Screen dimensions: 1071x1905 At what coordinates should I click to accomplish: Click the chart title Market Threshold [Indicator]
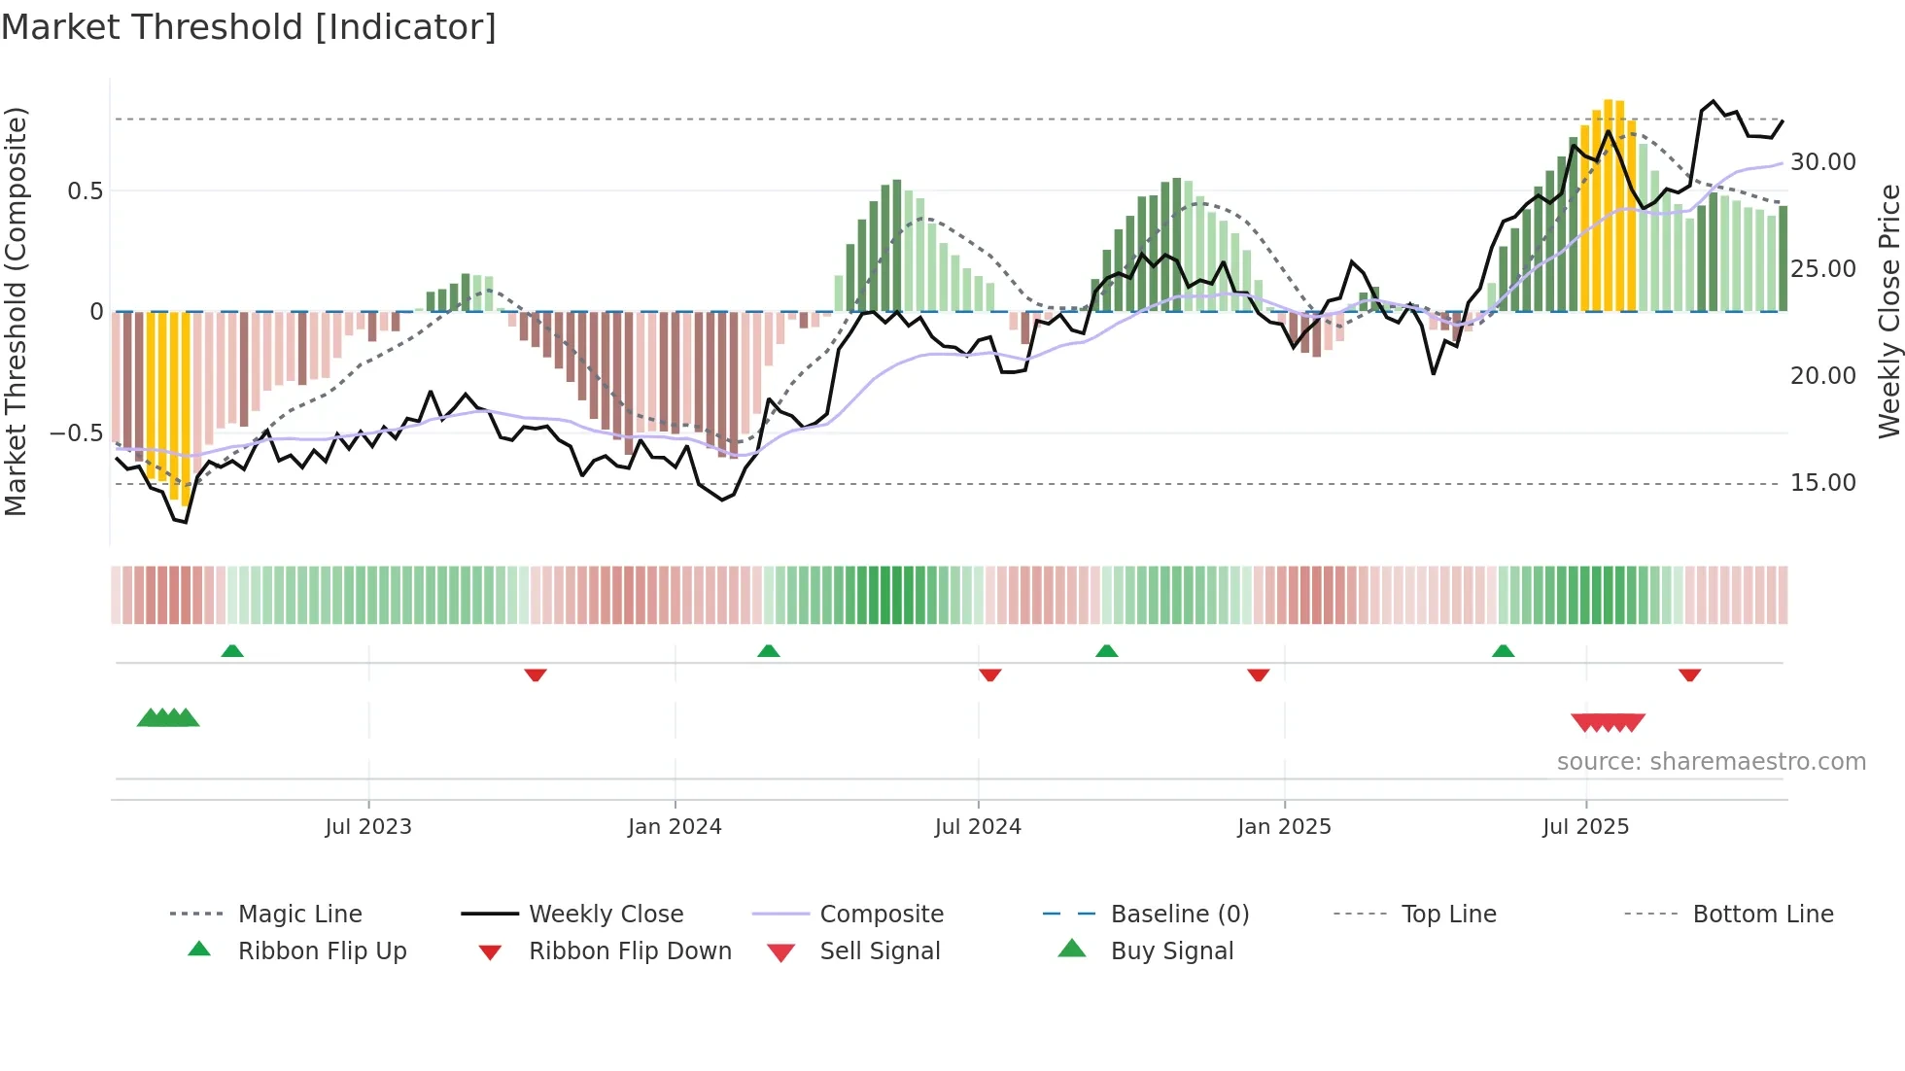click(x=249, y=27)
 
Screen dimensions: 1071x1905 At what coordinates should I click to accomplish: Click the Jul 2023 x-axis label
click(x=368, y=827)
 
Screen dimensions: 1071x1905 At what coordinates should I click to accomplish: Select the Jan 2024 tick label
click(x=675, y=827)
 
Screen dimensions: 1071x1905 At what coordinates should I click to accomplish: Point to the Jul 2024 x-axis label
click(x=978, y=827)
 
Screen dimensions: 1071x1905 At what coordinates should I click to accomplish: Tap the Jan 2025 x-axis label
click(x=1284, y=827)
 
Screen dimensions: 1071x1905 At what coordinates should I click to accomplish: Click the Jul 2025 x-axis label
click(x=1585, y=827)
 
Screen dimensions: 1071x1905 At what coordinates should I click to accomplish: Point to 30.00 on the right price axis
click(x=1822, y=162)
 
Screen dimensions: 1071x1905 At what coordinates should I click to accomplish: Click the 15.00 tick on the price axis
click(x=1822, y=483)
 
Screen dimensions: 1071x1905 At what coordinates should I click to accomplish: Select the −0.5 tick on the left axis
click(x=76, y=433)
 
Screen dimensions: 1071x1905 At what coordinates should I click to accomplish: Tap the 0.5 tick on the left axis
click(x=85, y=191)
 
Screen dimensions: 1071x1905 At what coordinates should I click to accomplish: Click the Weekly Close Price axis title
click(x=1888, y=311)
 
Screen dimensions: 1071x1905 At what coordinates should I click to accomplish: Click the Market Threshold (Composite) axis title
click(x=16, y=311)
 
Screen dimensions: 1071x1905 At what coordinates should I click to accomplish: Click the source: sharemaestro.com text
click(x=1711, y=762)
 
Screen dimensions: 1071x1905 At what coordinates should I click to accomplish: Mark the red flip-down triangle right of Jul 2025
click(x=1689, y=674)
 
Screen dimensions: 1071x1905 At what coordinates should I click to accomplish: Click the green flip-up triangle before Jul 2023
click(x=232, y=651)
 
